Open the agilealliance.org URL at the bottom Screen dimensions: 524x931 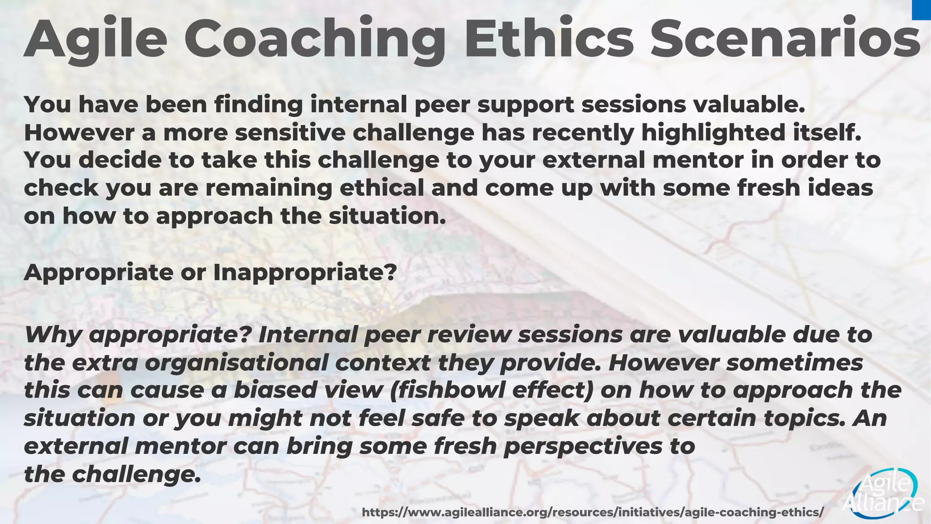point(592,513)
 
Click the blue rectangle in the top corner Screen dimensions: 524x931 point(921,10)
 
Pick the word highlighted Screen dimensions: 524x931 point(713,132)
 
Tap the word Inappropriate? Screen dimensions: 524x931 point(305,272)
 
